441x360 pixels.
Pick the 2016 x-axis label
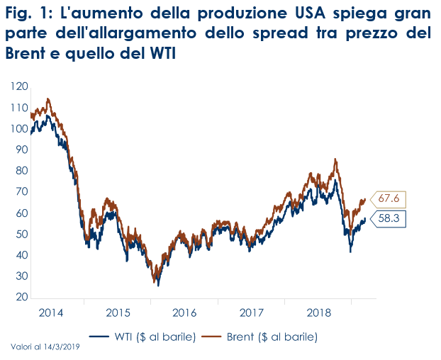[184, 312]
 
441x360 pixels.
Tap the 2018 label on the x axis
[318, 312]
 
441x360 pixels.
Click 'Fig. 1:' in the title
[26, 16]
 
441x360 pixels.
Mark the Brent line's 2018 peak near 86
[335, 159]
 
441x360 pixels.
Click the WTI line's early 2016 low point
[157, 285]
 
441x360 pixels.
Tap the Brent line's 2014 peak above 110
[48, 99]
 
